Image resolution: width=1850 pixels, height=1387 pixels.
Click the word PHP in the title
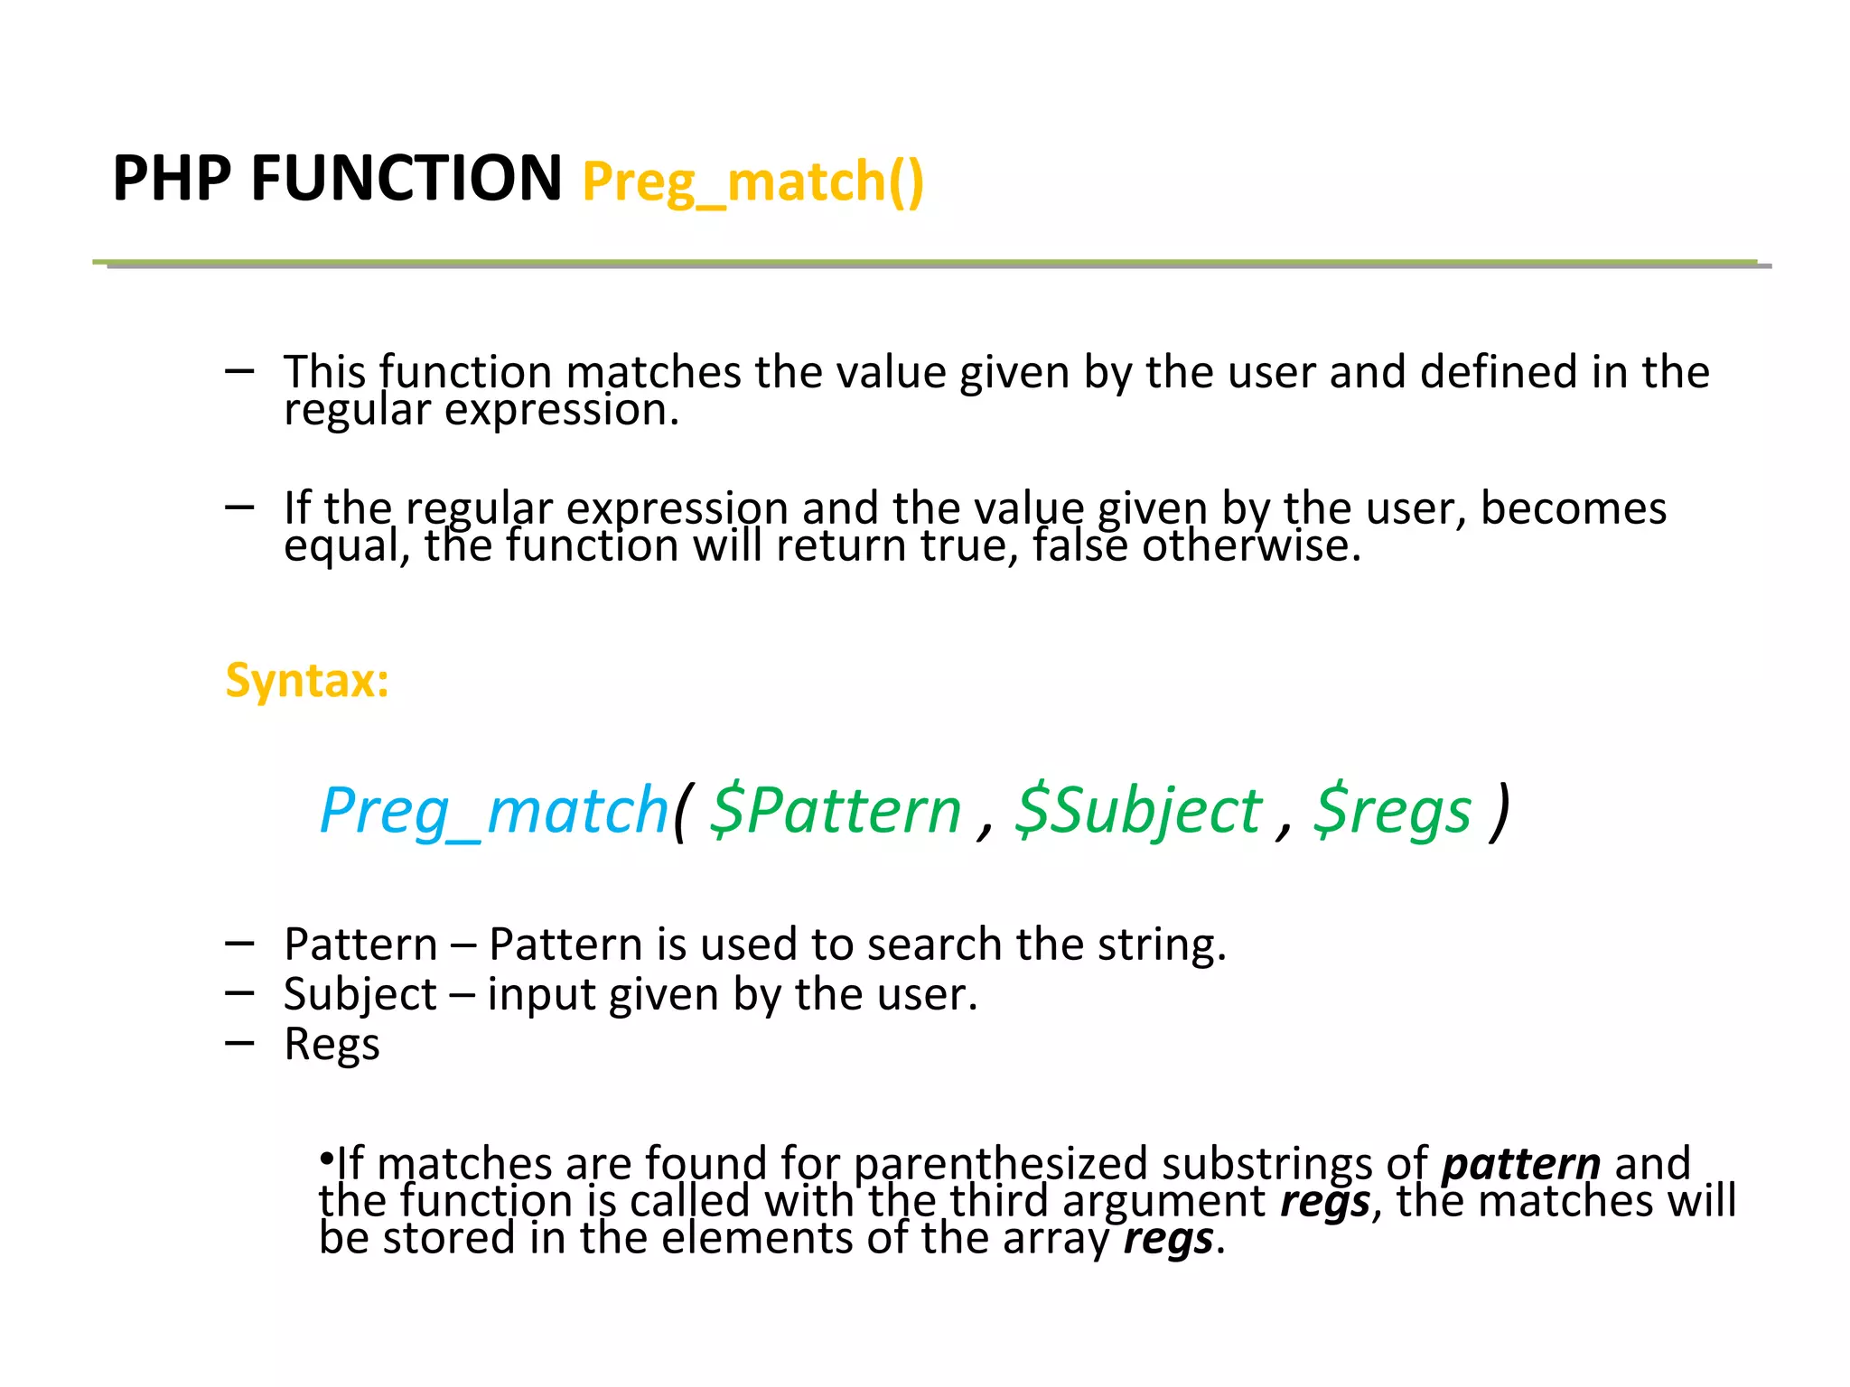[172, 178]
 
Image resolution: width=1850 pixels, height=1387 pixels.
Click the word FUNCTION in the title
[406, 178]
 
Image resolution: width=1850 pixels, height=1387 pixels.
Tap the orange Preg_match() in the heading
[753, 182]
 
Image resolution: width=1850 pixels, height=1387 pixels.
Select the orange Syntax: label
[307, 680]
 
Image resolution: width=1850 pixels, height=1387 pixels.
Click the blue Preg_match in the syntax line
[494, 810]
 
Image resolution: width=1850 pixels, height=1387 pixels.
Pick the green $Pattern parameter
[835, 810]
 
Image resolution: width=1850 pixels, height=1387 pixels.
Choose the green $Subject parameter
[1138, 810]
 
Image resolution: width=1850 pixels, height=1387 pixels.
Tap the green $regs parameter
[1392, 810]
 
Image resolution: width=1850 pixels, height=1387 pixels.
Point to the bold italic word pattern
[1521, 1163]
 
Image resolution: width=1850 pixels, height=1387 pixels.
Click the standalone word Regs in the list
[332, 1045]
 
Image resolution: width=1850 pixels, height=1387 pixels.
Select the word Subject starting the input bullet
[360, 995]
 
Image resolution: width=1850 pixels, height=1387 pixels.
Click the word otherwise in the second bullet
[1251, 545]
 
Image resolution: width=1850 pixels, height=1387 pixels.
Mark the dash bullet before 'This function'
[239, 370]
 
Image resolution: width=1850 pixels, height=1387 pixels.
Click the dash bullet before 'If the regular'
[239, 507]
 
